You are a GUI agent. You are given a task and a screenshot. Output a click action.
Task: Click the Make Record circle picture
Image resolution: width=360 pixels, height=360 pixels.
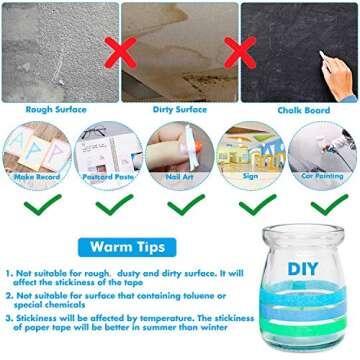[38, 150]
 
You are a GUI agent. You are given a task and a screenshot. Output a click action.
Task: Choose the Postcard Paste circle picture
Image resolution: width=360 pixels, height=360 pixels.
[107, 150]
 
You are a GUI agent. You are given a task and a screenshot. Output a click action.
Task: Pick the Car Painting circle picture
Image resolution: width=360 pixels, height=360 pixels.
[323, 150]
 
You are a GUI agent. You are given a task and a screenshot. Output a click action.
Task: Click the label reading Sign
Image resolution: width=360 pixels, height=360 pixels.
[250, 176]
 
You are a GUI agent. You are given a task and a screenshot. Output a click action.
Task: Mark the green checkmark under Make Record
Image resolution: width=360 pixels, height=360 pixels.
[38, 204]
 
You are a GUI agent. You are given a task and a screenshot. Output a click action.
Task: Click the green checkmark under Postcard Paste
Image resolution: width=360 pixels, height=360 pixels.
[108, 204]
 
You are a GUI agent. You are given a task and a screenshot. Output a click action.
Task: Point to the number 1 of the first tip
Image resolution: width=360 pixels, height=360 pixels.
[10, 272]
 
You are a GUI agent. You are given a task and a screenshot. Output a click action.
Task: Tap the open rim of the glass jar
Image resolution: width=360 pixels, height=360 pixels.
[302, 232]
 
